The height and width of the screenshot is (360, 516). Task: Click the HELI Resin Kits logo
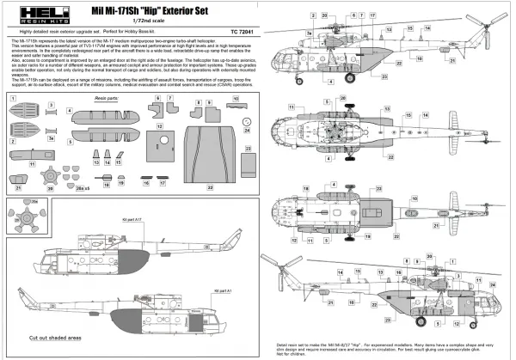[x=28, y=18]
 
